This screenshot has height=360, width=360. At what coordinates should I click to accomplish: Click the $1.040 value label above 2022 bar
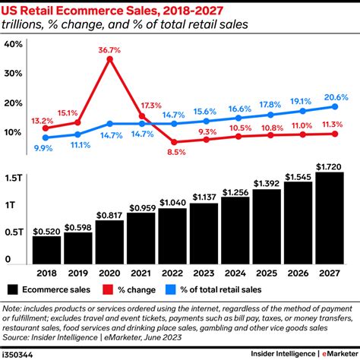point(174,202)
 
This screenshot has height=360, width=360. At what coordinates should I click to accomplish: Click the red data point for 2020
point(110,58)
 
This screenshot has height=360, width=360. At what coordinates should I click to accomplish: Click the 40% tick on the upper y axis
point(13,44)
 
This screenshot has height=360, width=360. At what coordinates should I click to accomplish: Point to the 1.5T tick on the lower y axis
point(13,177)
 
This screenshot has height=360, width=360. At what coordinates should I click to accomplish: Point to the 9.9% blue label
point(43,149)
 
